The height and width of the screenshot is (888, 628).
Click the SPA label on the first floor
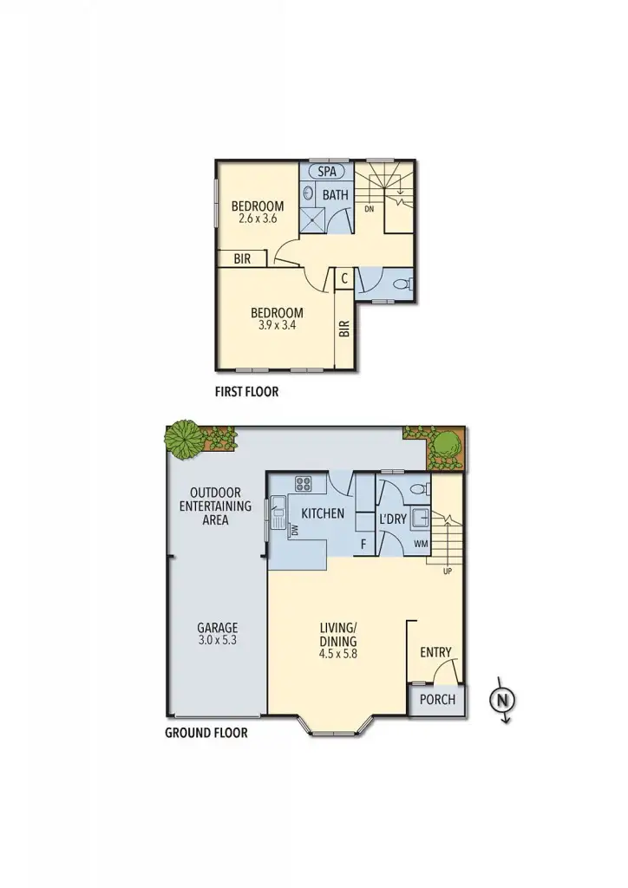[x=327, y=172]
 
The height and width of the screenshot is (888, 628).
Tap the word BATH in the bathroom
[x=336, y=195]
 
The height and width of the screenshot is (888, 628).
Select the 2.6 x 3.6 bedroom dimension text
[x=257, y=219]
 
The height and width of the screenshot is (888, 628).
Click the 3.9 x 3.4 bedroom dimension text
[x=277, y=326]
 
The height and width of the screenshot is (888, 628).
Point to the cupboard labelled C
[x=344, y=278]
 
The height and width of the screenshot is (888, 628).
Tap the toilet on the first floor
[x=401, y=284]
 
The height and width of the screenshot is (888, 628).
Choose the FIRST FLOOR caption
[x=246, y=392]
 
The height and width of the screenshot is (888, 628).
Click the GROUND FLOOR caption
[x=206, y=733]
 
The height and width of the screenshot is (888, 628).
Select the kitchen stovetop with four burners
[x=304, y=485]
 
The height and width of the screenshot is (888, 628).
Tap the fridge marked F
[x=363, y=544]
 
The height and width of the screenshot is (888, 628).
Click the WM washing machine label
[x=421, y=545]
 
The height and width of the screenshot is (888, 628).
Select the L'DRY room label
[x=395, y=519]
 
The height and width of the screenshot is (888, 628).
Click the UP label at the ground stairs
[x=448, y=571]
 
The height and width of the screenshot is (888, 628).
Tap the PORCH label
[x=437, y=700]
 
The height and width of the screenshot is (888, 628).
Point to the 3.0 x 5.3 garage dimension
[x=217, y=641]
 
